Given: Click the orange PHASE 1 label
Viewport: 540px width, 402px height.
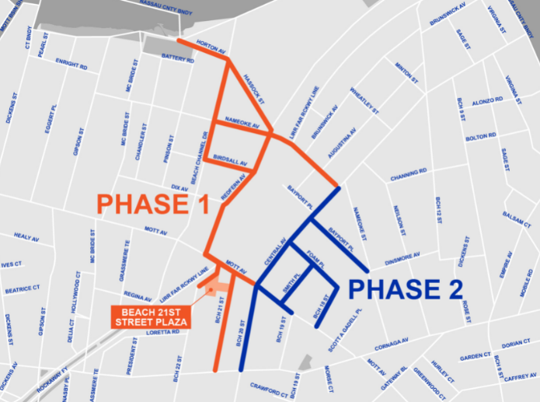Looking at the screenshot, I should [152, 205].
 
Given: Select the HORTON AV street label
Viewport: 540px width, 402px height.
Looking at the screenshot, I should [211, 47].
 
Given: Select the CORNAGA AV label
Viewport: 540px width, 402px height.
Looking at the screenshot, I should [390, 342].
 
